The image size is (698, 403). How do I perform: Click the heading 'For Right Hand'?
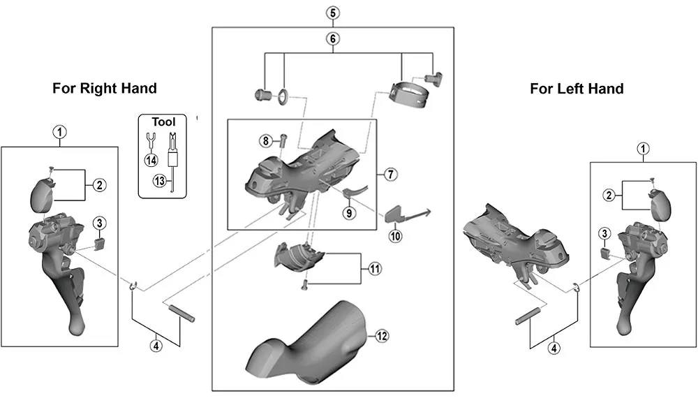[x=105, y=89]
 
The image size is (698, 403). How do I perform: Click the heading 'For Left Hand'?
[x=577, y=89]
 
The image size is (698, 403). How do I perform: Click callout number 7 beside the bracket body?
[x=390, y=173]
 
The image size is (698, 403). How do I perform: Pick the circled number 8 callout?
[x=265, y=141]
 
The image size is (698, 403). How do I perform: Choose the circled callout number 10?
[x=396, y=236]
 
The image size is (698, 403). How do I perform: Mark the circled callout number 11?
[x=376, y=268]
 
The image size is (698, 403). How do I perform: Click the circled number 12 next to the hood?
[x=380, y=336]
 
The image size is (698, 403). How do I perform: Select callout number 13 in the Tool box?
[x=160, y=182]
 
